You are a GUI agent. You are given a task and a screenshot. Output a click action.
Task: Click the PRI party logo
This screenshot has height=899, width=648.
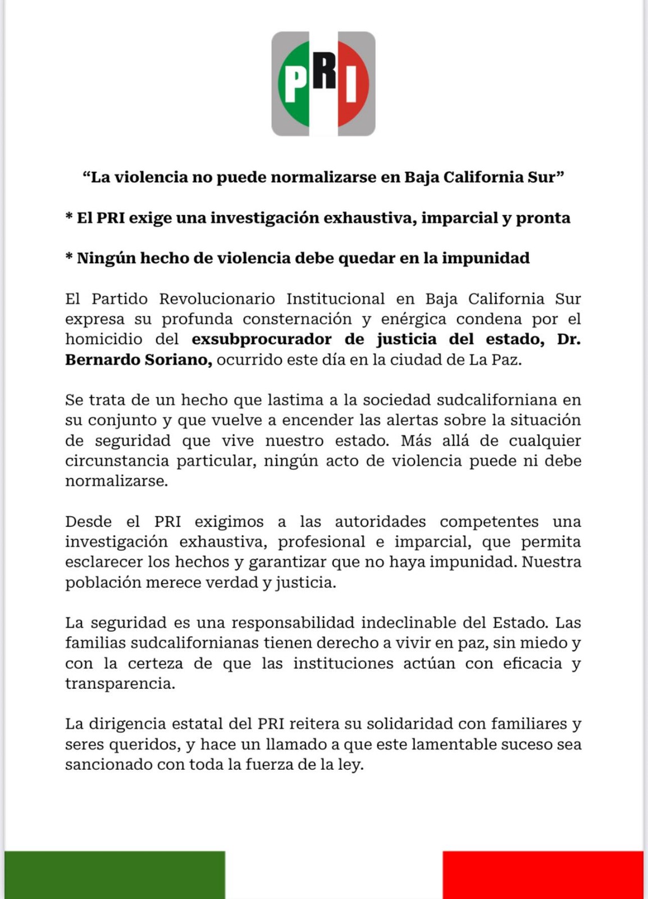[323, 84]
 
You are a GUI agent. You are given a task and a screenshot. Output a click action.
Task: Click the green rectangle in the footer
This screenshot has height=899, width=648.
[115, 874]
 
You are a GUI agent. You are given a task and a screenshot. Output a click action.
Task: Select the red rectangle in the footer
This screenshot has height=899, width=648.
[542, 874]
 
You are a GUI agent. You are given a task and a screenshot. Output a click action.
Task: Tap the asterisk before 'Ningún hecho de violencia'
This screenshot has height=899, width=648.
[69, 257]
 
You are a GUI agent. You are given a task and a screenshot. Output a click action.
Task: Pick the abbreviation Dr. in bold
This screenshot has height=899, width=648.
[568, 339]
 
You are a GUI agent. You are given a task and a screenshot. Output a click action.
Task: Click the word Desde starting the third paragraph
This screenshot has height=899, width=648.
[88, 521]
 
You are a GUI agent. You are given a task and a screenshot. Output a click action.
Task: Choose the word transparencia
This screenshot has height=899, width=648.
[120, 684]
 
